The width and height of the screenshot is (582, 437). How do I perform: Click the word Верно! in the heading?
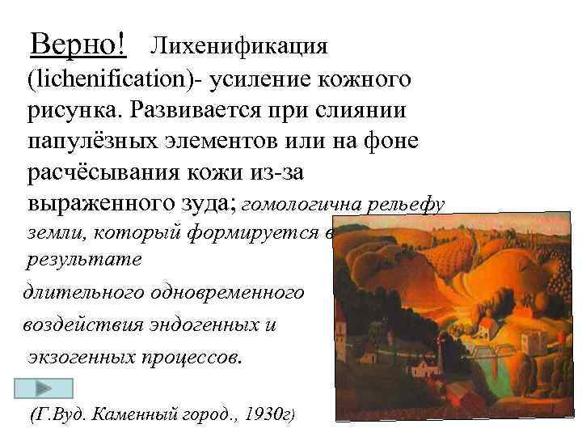click(x=78, y=44)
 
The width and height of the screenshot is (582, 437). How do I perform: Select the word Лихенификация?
click(x=239, y=45)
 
